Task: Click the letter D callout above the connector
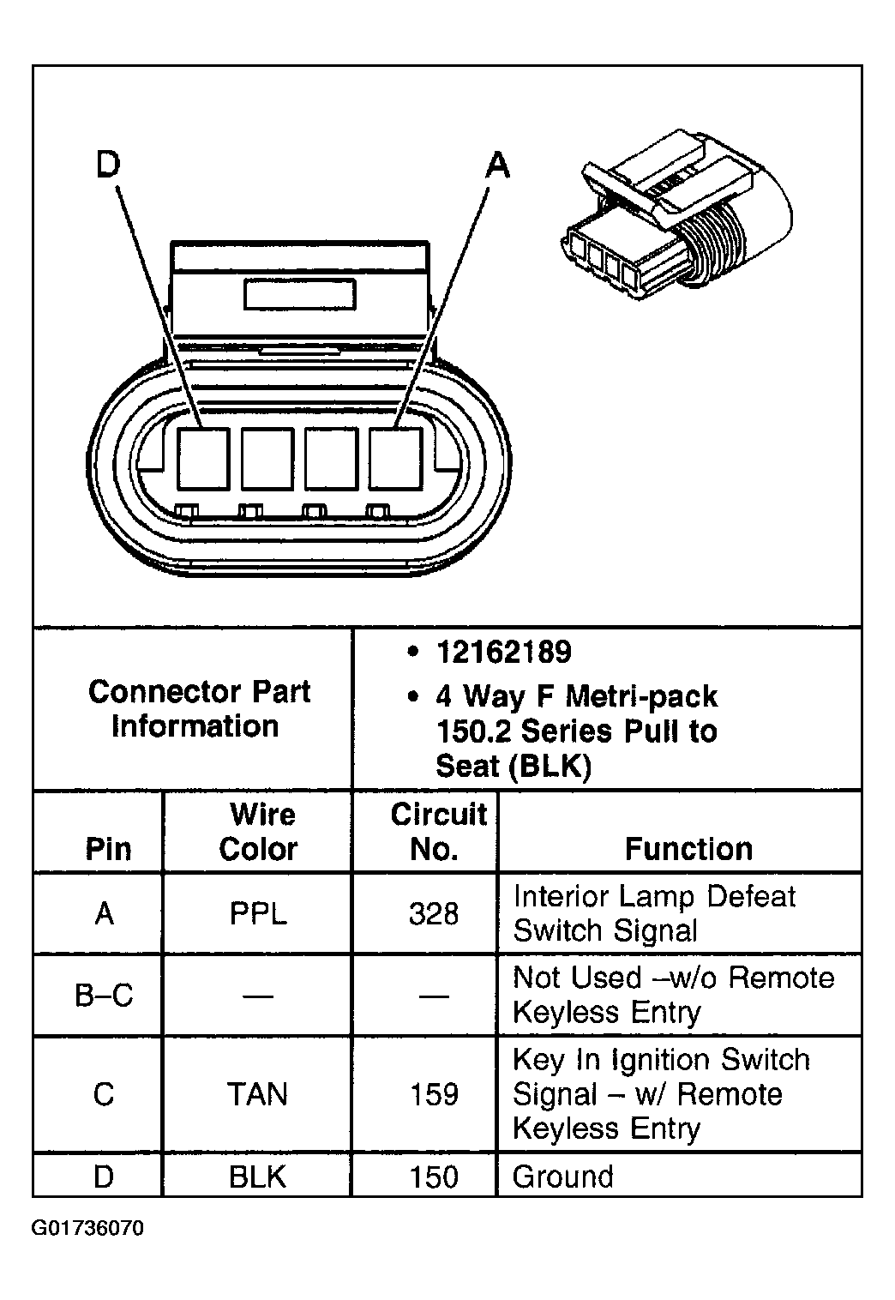click(108, 165)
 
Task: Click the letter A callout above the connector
click(497, 165)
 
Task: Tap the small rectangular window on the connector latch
click(299, 294)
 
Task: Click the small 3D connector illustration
click(677, 218)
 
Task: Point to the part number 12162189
click(503, 653)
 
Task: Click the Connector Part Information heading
click(198, 709)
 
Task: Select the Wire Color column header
click(257, 832)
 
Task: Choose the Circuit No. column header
click(437, 832)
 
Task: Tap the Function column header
click(688, 849)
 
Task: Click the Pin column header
click(108, 849)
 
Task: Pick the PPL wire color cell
click(257, 914)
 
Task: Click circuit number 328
click(434, 914)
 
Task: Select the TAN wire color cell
click(257, 1095)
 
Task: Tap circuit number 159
click(434, 1095)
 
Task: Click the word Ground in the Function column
click(562, 1177)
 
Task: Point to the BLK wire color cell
click(257, 1177)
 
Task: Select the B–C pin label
click(104, 996)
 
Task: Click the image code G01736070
click(88, 1229)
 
